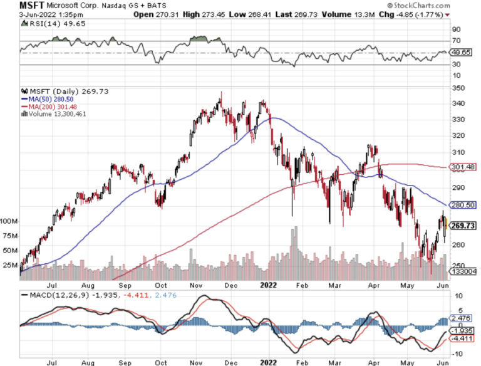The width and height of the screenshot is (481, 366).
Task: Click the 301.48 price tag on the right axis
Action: (464, 167)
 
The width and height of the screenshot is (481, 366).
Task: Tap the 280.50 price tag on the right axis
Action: (464, 205)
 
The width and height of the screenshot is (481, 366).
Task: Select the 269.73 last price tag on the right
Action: (464, 226)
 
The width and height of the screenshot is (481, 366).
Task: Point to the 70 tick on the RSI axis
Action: (457, 41)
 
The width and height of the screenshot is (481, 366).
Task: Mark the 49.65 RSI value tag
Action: (463, 53)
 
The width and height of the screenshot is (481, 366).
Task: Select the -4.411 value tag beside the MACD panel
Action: (464, 338)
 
